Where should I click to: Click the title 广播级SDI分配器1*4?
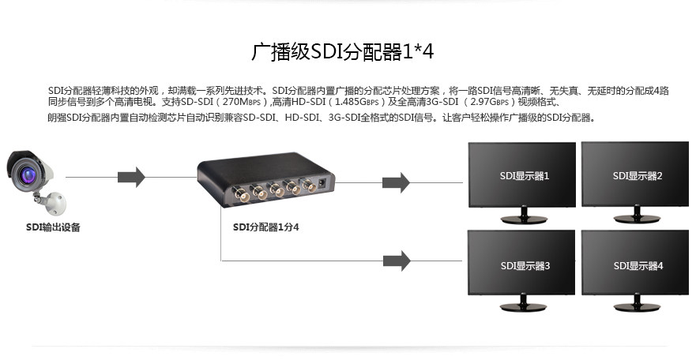click(343, 52)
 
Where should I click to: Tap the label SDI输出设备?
click(53, 227)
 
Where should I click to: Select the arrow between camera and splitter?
click(131, 177)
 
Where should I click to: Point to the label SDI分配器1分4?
click(266, 227)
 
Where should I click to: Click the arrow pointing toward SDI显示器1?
click(396, 182)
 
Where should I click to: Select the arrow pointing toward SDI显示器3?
click(396, 260)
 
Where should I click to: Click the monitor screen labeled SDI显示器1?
click(523, 174)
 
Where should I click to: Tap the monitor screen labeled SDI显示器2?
click(637, 174)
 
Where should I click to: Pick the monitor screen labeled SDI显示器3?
click(523, 264)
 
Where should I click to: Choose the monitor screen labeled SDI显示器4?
click(637, 264)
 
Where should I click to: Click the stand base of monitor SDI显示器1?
click(523, 220)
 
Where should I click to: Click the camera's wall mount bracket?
click(53, 203)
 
